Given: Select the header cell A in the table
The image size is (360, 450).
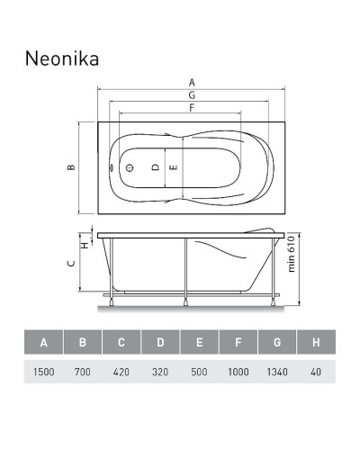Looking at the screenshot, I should [x=43, y=343].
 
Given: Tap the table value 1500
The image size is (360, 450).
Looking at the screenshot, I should [x=43, y=371].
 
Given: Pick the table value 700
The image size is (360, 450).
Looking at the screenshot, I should [x=82, y=371].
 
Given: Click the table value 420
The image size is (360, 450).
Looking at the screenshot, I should [x=121, y=371].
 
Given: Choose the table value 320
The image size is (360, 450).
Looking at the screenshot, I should [x=159, y=371].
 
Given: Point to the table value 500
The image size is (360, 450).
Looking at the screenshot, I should [x=199, y=371].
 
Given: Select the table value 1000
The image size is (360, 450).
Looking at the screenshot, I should [x=238, y=371].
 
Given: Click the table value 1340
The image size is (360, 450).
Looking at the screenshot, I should [x=276, y=371].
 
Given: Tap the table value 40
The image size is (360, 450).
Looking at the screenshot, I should [x=315, y=371].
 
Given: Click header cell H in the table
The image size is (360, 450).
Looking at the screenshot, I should [x=315, y=343].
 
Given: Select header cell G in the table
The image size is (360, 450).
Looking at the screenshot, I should [x=276, y=343].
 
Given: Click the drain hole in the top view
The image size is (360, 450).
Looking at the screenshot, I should [x=129, y=167].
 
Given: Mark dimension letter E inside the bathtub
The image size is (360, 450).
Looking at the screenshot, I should [x=174, y=167].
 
